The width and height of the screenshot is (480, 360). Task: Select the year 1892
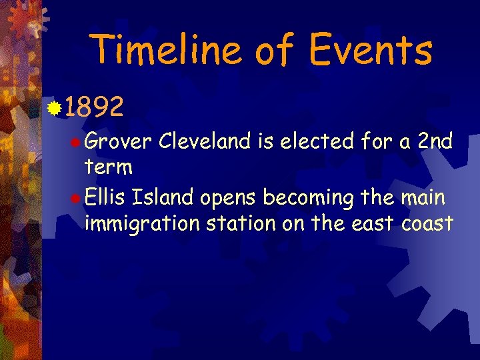[x=95, y=106]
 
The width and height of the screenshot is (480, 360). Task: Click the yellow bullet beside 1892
[x=54, y=105]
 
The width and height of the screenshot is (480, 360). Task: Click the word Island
[x=160, y=198]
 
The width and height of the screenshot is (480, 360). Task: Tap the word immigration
[x=142, y=223]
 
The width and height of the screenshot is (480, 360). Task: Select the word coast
[x=427, y=223]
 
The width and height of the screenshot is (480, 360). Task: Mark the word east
[x=372, y=223]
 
